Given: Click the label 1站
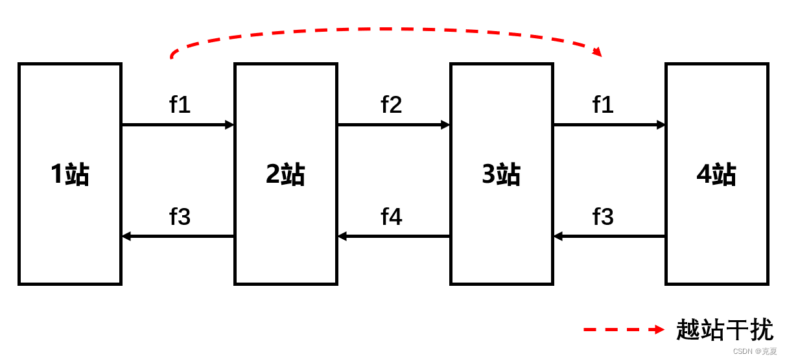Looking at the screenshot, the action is (x=70, y=174).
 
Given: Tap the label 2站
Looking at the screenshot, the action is (x=285, y=174).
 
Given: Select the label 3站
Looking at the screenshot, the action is (x=501, y=174).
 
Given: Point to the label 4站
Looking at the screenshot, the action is (x=716, y=174).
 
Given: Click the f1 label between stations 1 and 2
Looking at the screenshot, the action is (x=180, y=104).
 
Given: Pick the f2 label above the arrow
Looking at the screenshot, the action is (x=391, y=104).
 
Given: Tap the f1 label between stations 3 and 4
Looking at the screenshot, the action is (x=603, y=104).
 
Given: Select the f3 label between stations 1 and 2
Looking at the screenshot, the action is (x=180, y=216).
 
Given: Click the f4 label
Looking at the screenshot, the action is (x=391, y=216).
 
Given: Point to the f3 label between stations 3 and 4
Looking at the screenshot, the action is (x=603, y=216).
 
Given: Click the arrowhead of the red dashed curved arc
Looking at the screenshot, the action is (x=597, y=51).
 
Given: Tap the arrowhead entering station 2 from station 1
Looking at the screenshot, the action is (x=229, y=124).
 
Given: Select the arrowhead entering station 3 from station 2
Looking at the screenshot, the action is (x=445, y=124).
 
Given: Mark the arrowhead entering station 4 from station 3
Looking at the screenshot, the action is (x=661, y=124).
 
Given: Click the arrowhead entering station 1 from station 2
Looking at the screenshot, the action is (x=126, y=236).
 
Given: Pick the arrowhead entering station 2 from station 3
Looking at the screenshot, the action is (x=342, y=236).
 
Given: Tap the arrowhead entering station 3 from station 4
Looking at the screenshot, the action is (x=558, y=236).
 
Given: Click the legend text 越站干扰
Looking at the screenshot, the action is (x=725, y=329).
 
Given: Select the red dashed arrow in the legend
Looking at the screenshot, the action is (x=624, y=329).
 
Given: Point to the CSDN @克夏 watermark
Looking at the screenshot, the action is (x=755, y=351).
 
